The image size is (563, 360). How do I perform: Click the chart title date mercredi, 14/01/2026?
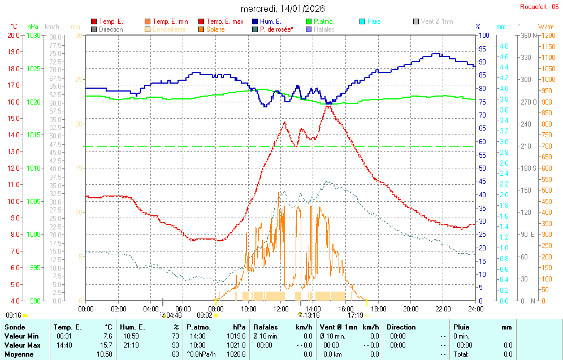pyautogui.click(x=283, y=8)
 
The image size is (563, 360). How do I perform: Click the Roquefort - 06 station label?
pyautogui.click(x=540, y=7)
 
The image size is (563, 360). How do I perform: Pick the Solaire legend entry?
pyautogui.click(x=215, y=29)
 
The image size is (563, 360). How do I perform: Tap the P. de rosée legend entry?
pyautogui.click(x=276, y=29)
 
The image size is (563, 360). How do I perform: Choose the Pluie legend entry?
pyautogui.click(x=374, y=21)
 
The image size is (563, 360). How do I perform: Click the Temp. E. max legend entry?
pyautogui.click(x=224, y=21)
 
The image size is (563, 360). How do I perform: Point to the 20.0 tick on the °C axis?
pyautogui.click(x=13, y=35)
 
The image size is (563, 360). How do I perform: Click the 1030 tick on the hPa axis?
pyautogui.click(x=33, y=35)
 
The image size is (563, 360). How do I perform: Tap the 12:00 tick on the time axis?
pyautogui.click(x=281, y=309)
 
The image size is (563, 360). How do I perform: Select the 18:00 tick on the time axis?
pyautogui.click(x=378, y=309)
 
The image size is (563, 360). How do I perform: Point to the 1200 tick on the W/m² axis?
pyautogui.click(x=545, y=35)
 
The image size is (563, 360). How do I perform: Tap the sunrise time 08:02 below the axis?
pyautogui.click(x=204, y=315)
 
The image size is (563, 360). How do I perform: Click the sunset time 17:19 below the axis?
pyautogui.click(x=355, y=315)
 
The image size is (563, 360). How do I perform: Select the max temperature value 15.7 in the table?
pyautogui.click(x=107, y=345)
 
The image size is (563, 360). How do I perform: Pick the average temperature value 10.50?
pyautogui.click(x=105, y=354)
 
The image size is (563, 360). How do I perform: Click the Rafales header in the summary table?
pyautogui.click(x=266, y=327)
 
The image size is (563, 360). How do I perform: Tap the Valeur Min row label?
pyautogui.click(x=20, y=336)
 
